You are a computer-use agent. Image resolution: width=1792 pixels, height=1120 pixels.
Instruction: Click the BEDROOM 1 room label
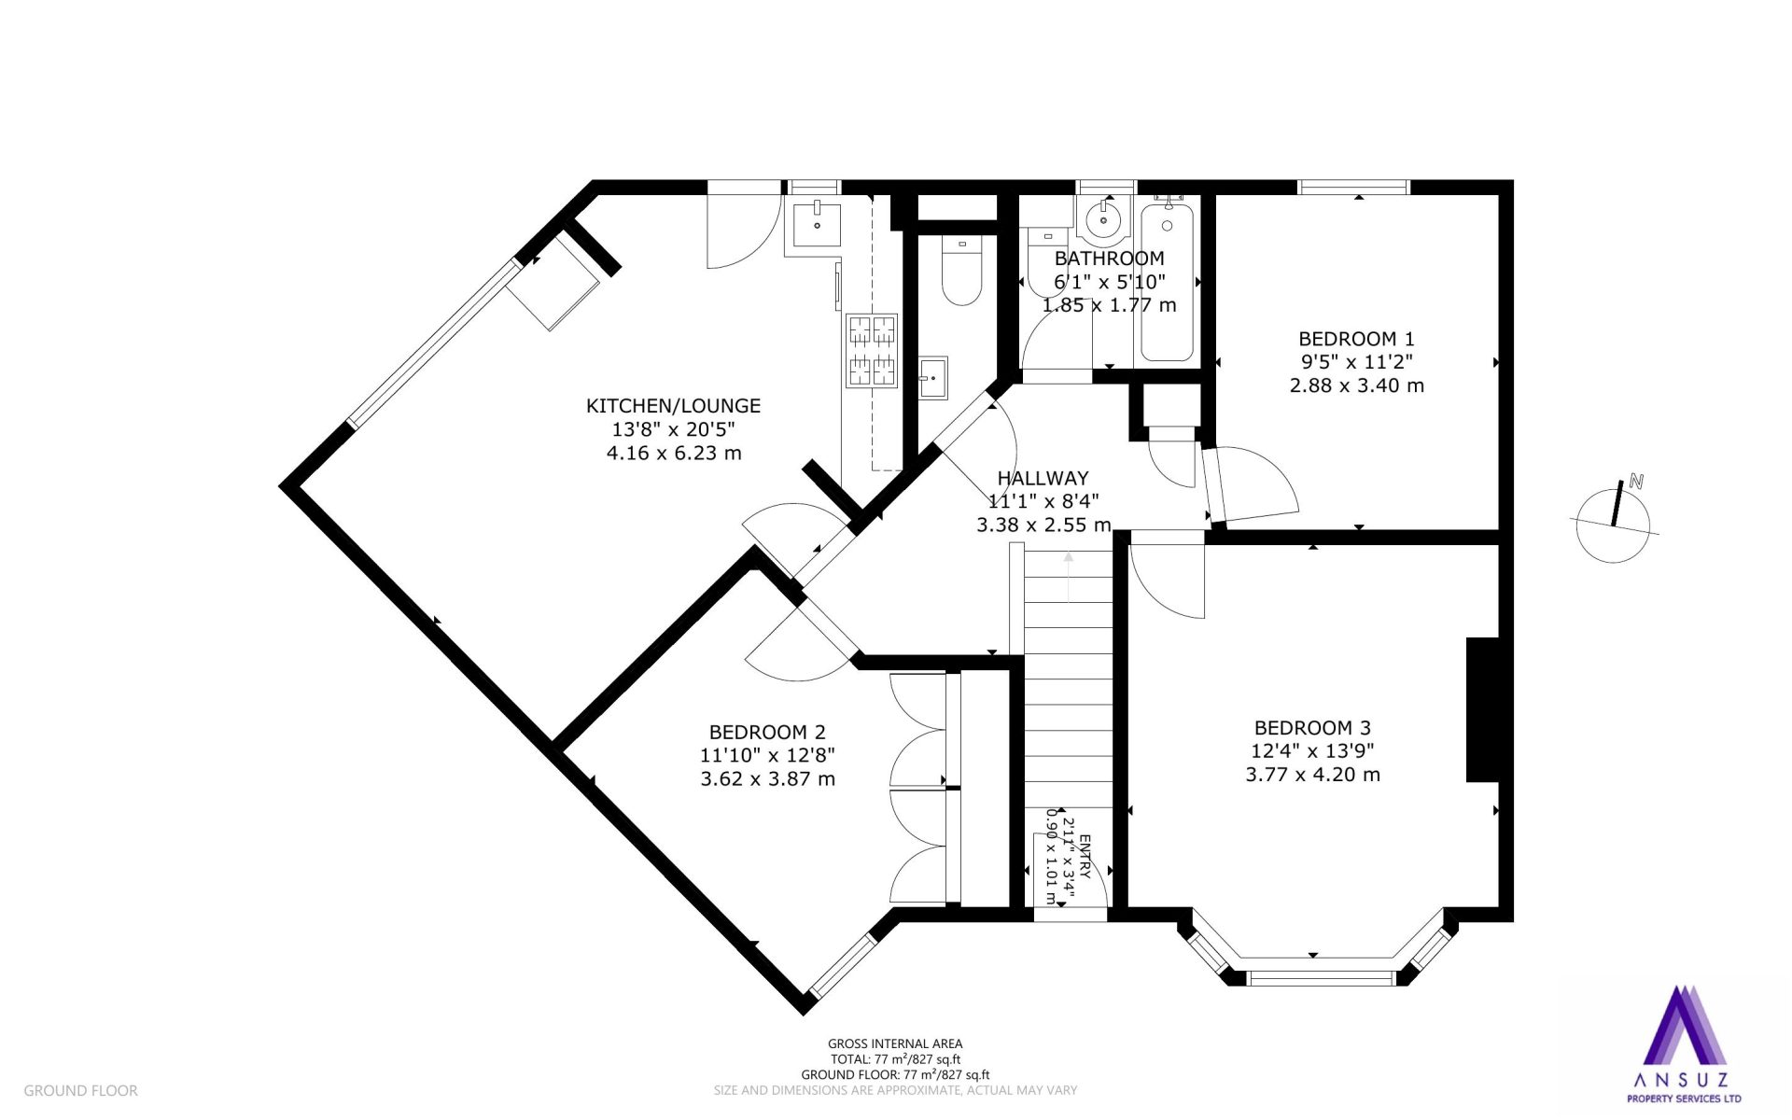(1350, 339)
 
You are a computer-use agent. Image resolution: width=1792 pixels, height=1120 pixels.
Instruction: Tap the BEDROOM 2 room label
(767, 733)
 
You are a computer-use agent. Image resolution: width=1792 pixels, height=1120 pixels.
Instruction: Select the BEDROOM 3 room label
(1312, 728)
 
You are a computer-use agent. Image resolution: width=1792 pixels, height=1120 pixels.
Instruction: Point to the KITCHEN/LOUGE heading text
(673, 406)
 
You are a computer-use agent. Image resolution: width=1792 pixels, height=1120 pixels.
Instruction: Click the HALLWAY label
(1043, 478)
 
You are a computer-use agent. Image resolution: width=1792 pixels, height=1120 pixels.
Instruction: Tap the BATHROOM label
(1109, 259)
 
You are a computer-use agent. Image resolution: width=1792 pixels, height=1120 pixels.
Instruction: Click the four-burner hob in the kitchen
(872, 350)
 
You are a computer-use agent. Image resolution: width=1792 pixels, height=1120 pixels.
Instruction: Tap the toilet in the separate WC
(961, 271)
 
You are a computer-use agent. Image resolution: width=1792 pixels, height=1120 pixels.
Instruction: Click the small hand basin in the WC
(932, 377)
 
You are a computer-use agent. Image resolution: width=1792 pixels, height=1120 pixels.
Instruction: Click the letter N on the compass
(1635, 482)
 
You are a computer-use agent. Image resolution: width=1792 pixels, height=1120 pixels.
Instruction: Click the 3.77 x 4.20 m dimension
(1312, 775)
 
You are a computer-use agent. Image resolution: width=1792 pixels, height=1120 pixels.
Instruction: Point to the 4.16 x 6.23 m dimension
(674, 454)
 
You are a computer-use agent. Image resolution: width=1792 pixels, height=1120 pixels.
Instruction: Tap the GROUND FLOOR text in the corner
(80, 1090)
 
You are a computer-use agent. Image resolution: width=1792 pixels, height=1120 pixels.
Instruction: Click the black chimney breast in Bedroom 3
(1482, 709)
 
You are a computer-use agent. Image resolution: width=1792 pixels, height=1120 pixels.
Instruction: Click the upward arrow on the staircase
(1069, 577)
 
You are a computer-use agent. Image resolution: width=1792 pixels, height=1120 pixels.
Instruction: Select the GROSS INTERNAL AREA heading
(895, 1044)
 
